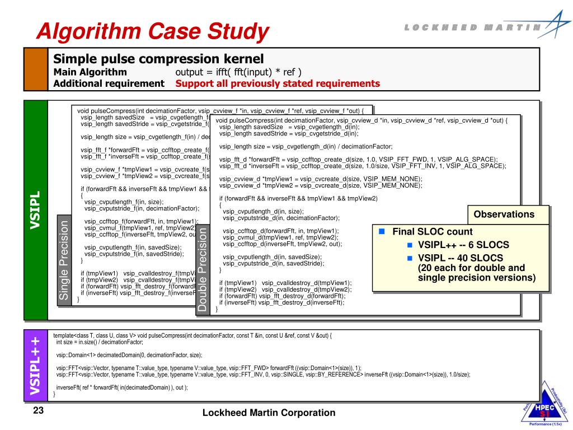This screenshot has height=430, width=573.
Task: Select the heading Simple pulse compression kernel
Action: pos(158,59)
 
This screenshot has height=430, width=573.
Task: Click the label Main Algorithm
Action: pos(90,72)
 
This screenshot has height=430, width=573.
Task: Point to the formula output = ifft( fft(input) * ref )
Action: pos(238,72)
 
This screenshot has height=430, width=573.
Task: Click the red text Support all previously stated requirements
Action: pos(278,84)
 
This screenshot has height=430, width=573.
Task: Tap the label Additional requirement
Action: pos(109,84)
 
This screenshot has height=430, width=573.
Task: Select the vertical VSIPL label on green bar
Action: pos(36,210)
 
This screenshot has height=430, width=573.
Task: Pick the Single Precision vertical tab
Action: pos(65,261)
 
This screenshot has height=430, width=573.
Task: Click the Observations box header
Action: pos(504,214)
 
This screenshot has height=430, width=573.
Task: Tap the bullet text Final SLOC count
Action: pos(432,232)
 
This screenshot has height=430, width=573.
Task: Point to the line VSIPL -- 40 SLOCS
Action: pos(460,258)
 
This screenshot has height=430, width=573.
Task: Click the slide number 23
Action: pos(39,412)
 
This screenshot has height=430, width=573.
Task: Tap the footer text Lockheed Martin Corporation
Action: pos(269,413)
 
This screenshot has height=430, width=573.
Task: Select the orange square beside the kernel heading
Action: pos(36,69)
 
